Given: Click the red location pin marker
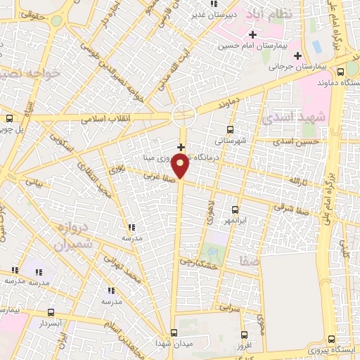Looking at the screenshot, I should pyautogui.click(x=181, y=166).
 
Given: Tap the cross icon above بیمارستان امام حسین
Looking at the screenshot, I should pyautogui.click(x=252, y=34).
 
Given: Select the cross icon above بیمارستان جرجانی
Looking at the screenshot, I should pyautogui.click(x=297, y=56).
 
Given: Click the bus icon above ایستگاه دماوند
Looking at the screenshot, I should pyautogui.click(x=341, y=71).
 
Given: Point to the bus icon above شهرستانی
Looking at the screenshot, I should pyautogui.click(x=230, y=129).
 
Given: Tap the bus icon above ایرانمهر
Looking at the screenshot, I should pyautogui.click(x=236, y=210).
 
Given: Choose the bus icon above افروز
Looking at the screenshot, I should pyautogui.click(x=244, y=335).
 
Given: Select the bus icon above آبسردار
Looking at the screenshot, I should pyautogui.click(x=50, y=312).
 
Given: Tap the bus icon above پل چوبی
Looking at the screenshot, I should pyautogui.click(x=9, y=118).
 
